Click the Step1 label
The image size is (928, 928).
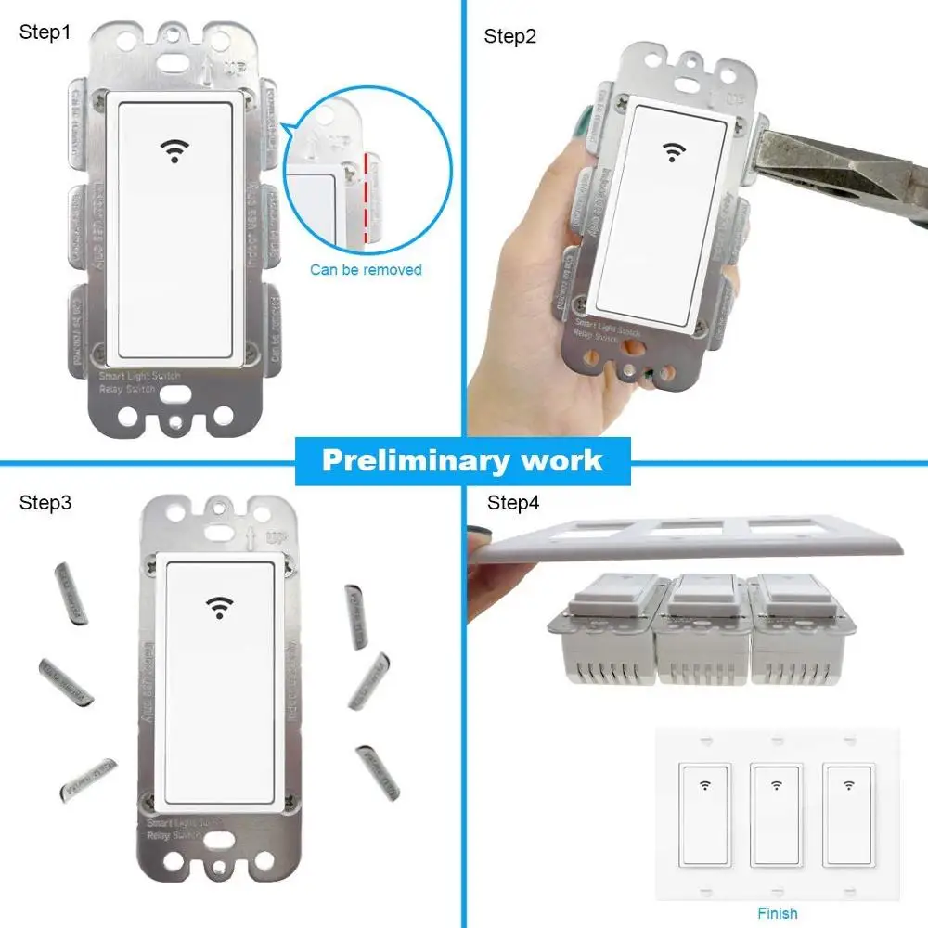click(x=45, y=32)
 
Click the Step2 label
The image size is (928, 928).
click(x=510, y=37)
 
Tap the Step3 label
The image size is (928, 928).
click(x=45, y=503)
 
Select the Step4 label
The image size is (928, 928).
click(x=512, y=503)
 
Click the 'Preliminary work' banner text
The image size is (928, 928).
click(x=462, y=461)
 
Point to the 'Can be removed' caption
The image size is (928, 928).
click(x=366, y=270)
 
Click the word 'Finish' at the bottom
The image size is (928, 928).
click(x=777, y=913)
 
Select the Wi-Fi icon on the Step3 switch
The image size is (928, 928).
click(x=219, y=607)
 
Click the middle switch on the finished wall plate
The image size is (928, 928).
click(x=776, y=814)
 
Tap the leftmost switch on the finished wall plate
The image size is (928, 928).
click(x=704, y=814)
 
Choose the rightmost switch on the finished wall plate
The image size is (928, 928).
click(x=847, y=814)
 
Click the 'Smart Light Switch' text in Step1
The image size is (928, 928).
click(x=139, y=376)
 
